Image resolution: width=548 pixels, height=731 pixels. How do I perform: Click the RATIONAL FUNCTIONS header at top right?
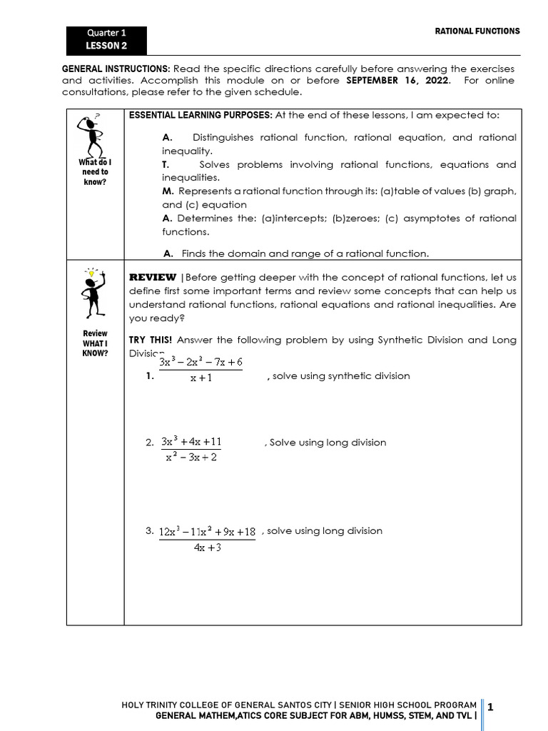tap(477, 31)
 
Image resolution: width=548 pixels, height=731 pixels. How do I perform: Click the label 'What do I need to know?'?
tap(94, 172)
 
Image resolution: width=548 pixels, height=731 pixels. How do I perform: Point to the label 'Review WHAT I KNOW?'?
tap(95, 343)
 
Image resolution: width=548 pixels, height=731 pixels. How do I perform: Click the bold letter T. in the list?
tap(166, 165)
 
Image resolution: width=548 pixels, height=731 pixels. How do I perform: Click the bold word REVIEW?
tap(152, 277)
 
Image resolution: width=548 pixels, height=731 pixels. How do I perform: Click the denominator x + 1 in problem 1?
tap(201, 378)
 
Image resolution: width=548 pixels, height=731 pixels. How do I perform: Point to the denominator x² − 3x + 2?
tap(191, 457)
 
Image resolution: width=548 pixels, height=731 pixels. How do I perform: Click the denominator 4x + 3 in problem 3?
tap(207, 548)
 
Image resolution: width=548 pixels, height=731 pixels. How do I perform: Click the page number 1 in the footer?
tap(491, 707)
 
